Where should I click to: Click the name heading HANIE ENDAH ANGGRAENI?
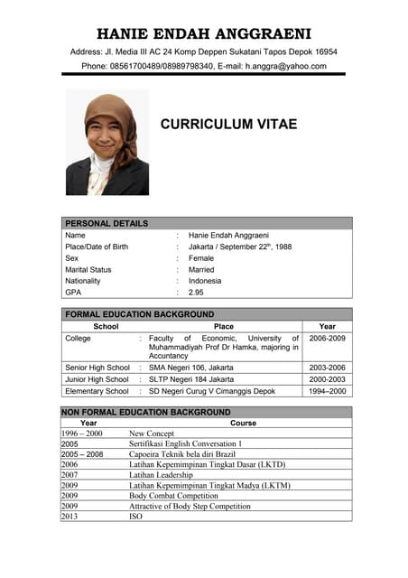204,33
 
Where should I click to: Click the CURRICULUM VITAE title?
228,125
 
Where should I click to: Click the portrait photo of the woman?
107,143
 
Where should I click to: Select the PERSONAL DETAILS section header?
107,223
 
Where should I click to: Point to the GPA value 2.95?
196,292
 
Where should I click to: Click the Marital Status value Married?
201,269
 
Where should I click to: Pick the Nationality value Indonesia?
205,281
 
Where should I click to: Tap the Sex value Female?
201,258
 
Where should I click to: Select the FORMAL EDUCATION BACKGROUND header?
139,314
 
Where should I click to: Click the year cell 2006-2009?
327,338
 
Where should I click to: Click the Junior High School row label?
97,380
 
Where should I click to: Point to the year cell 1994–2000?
327,392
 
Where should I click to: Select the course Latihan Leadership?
161,475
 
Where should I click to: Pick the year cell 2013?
70,517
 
